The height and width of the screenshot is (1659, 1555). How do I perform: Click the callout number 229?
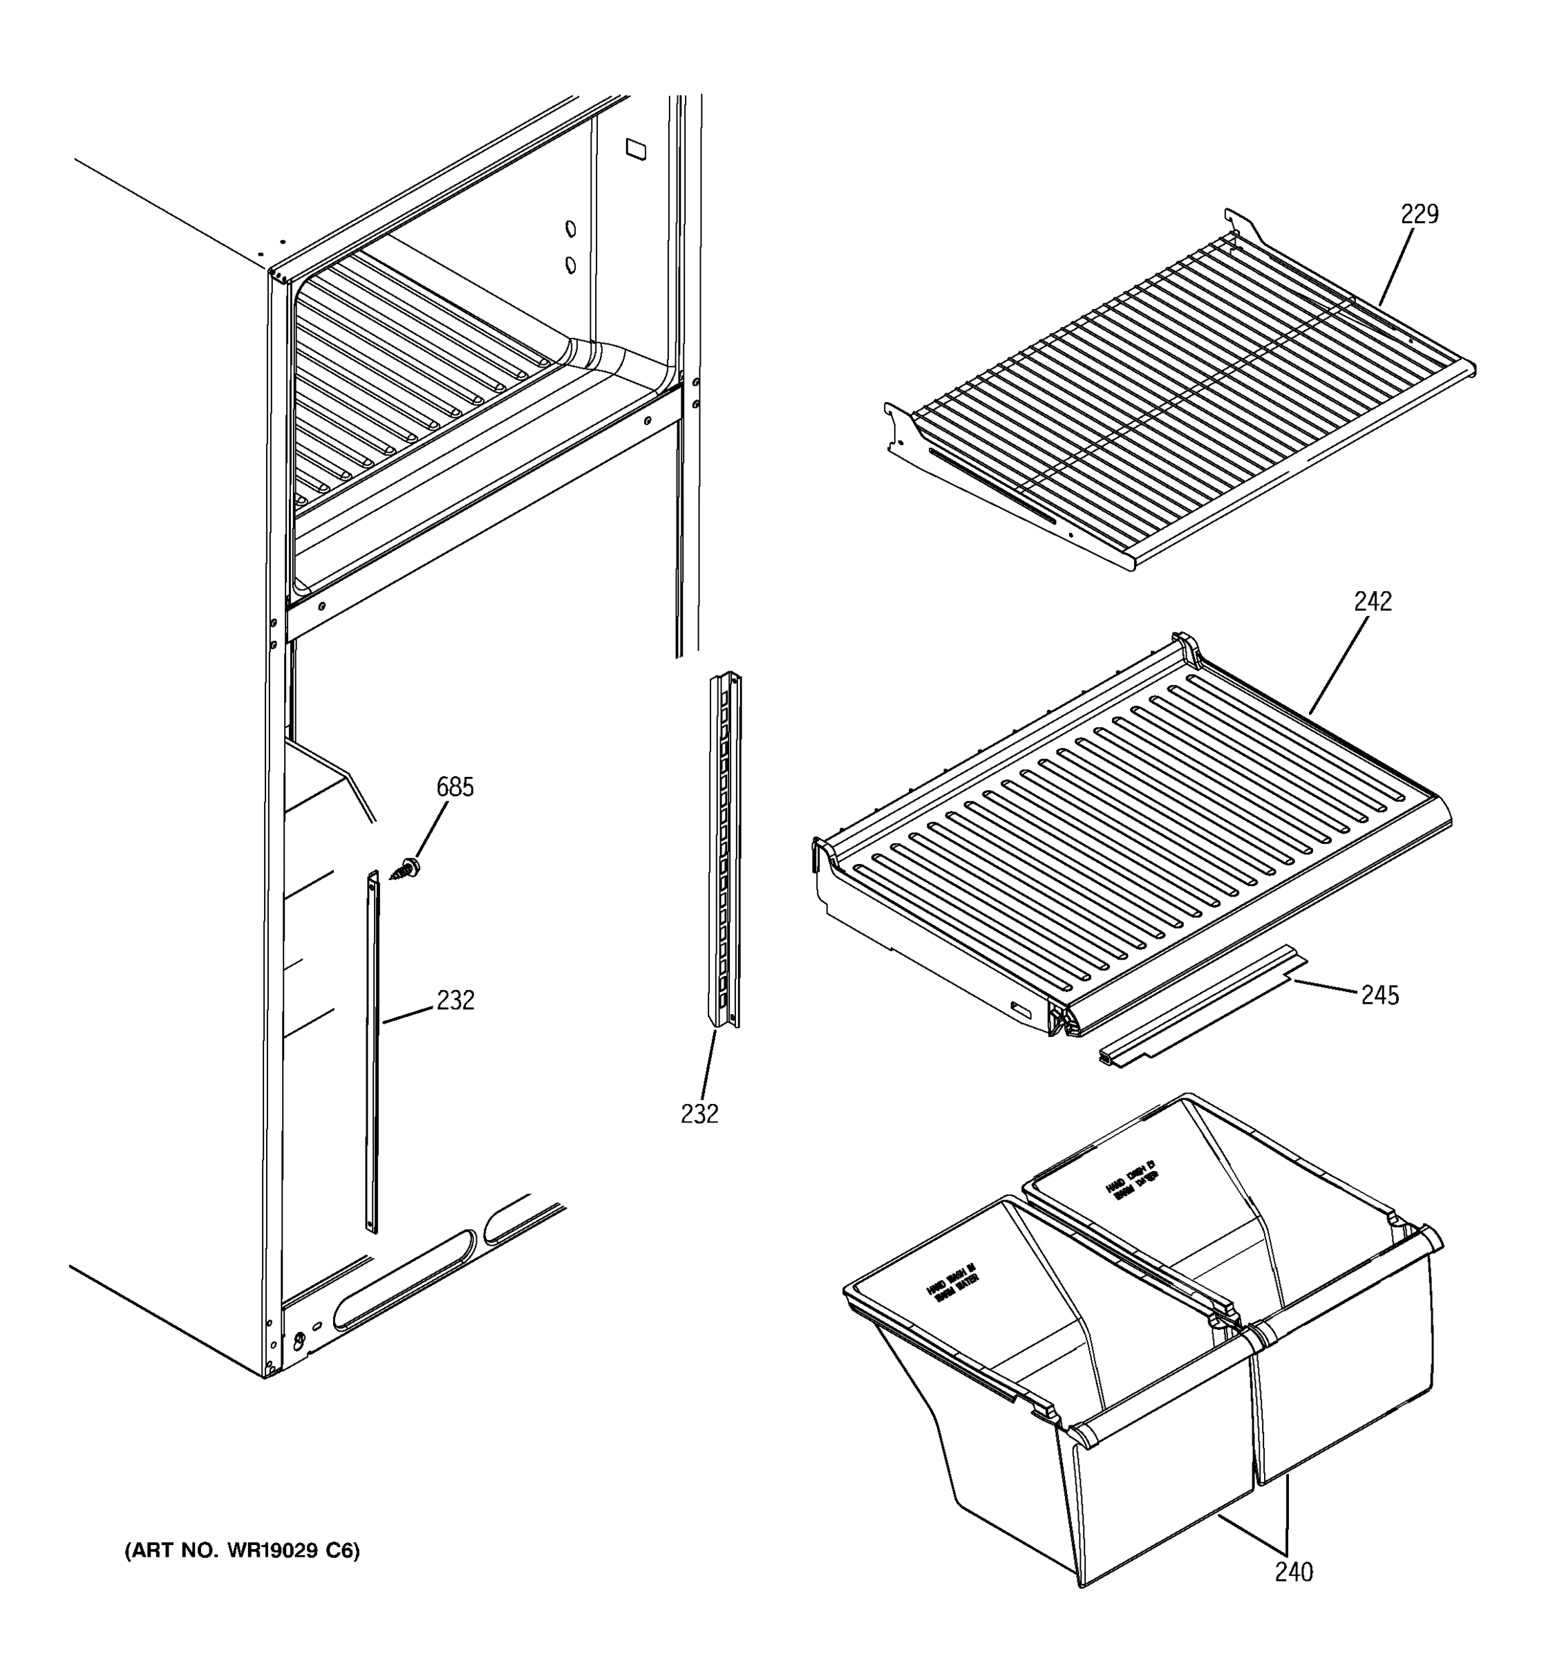pos(1419,214)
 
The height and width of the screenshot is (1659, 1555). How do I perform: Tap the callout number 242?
pos(1373,601)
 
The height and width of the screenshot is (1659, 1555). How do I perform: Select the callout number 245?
pos(1380,995)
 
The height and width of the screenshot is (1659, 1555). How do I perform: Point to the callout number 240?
pos(1293,1572)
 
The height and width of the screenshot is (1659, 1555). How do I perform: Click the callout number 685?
pos(455,787)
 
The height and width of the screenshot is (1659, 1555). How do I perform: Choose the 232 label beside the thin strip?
pos(455,1000)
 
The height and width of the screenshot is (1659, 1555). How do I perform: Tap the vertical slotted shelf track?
pos(724,851)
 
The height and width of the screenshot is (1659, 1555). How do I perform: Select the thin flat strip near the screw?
pos(372,1051)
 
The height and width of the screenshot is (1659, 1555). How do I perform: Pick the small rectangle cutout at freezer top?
pos(636,149)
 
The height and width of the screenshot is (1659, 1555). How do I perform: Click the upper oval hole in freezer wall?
pos(571,229)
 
